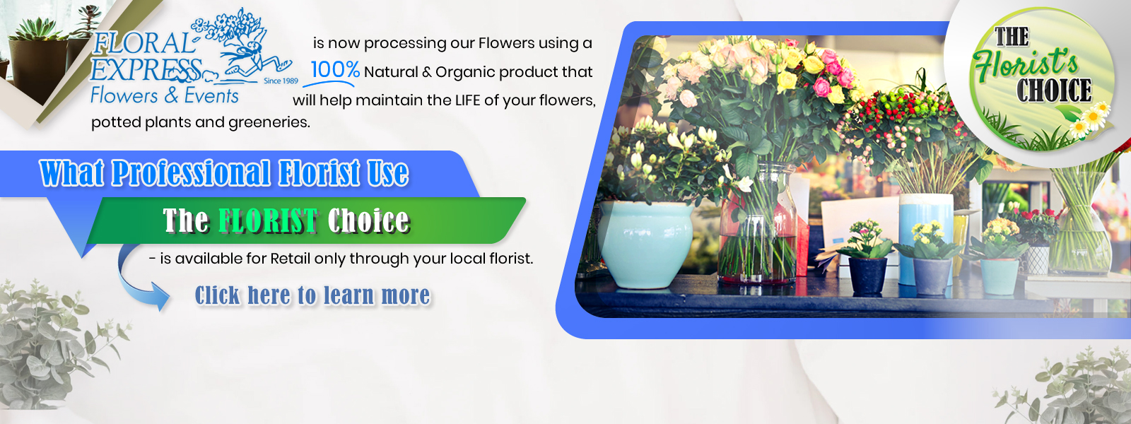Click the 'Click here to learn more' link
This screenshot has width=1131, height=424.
[x=312, y=295]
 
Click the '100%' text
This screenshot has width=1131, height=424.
[x=335, y=70]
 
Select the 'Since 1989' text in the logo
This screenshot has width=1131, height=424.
[x=281, y=81]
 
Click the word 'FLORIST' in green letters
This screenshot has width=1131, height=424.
[x=268, y=220]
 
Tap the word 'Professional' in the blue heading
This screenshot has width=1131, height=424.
[x=191, y=173]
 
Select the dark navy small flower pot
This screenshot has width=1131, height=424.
[x=867, y=276]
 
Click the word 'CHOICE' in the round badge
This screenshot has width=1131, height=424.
[x=1054, y=91]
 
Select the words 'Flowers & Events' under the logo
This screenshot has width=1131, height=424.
[x=165, y=95]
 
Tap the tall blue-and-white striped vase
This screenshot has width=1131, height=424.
[x=925, y=237]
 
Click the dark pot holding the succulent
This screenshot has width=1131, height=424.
[x=38, y=71]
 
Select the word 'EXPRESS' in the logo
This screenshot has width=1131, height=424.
[x=146, y=70]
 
